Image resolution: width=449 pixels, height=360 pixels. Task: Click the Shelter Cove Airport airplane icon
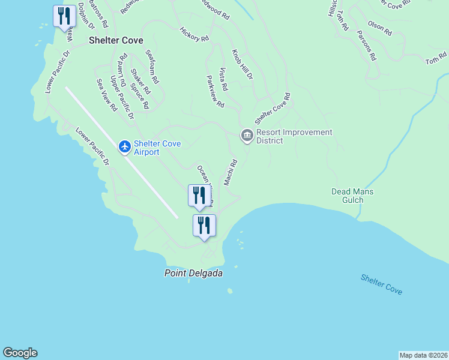125,146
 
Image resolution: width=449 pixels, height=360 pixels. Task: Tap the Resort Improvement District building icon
246,136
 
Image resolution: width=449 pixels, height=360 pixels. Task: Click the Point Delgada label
193,273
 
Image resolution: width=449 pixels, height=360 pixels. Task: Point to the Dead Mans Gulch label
352,196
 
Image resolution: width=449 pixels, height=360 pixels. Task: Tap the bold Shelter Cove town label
116,41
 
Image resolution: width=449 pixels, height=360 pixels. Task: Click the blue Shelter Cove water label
381,284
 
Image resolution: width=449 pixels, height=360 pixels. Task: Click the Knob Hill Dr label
243,65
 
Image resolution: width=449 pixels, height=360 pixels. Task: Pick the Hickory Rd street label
194,34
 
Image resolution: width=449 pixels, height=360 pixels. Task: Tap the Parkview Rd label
215,91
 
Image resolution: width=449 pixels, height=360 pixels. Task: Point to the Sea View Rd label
107,95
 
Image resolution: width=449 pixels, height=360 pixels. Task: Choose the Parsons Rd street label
366,46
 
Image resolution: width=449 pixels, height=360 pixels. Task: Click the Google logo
20,353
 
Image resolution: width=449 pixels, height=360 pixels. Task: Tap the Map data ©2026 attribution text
423,355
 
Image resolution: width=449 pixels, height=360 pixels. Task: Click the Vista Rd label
223,79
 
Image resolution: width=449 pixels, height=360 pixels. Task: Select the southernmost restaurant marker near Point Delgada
204,226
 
